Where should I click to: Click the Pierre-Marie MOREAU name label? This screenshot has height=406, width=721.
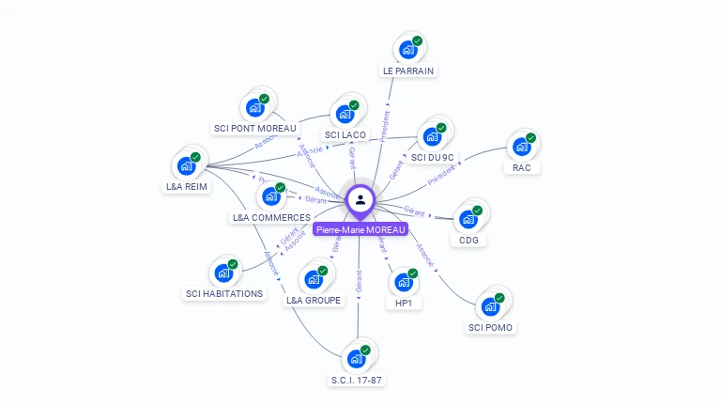[361, 229]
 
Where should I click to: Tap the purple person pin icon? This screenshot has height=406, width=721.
[360, 200]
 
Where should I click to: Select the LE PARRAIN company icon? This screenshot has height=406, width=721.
[408, 50]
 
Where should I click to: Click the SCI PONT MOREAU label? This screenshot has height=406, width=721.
[254, 129]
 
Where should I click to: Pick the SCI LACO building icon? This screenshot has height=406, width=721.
[345, 114]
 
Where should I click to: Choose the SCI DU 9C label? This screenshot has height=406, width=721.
[432, 157]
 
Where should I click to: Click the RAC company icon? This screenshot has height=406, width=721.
[522, 148]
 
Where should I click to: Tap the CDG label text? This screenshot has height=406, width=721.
[468, 240]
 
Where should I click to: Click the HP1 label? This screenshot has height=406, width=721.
[404, 303]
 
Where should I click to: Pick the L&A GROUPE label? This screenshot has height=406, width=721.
[314, 301]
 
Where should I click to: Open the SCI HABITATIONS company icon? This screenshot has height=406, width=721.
[224, 273]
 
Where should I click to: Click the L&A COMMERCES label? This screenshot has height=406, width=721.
[271, 218]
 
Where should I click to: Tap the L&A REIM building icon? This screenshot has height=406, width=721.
[187, 165]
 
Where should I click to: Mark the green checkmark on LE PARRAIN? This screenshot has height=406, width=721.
[417, 41]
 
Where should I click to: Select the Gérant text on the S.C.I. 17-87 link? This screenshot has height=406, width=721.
[359, 280]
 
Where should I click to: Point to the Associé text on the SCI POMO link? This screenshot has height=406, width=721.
[424, 257]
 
